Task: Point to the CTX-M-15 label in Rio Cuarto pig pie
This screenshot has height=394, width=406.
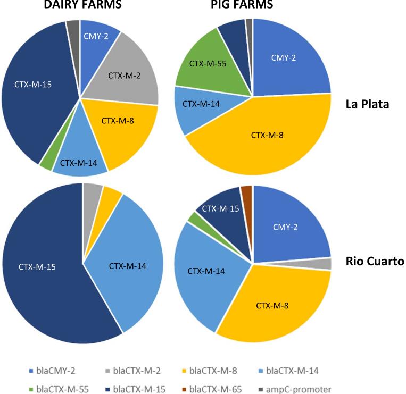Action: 219,208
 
